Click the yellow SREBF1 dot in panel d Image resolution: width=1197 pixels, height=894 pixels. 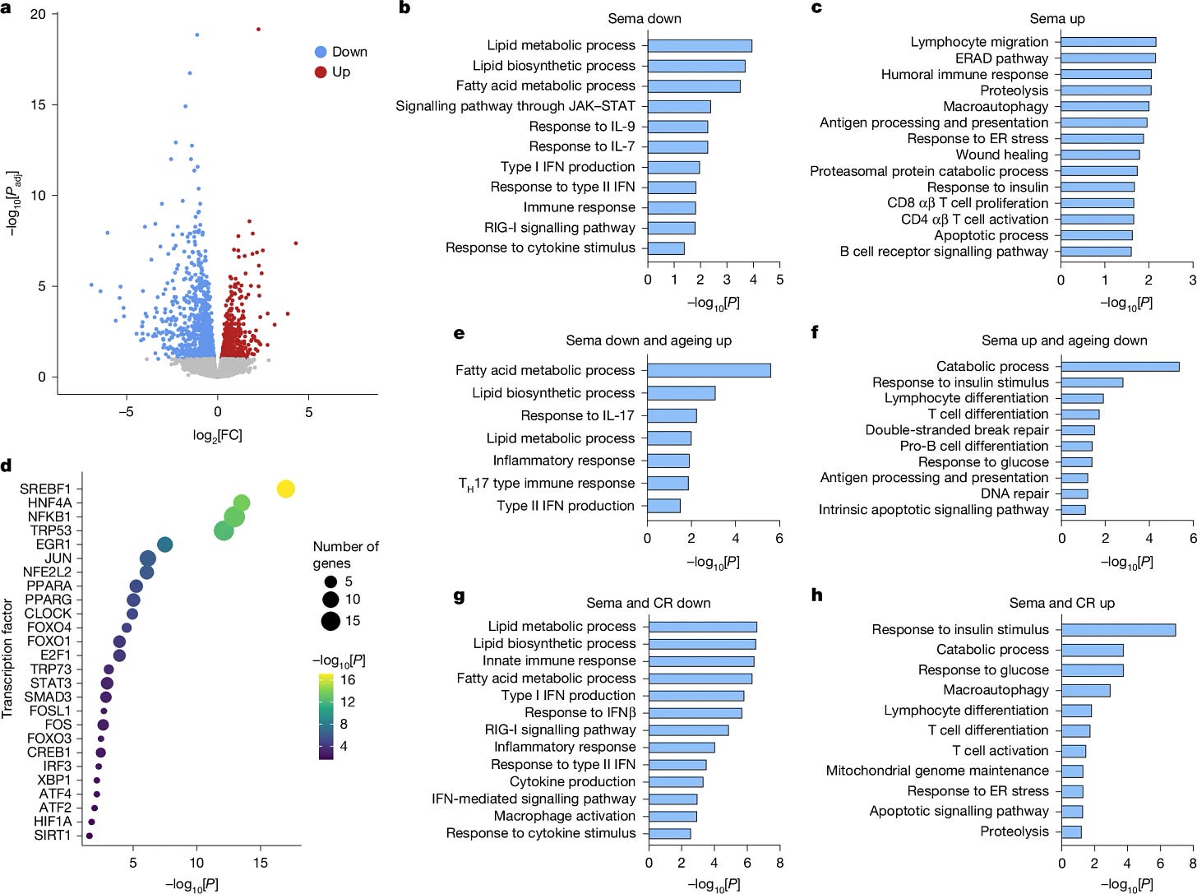click(286, 489)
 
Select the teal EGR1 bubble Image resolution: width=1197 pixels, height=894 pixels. click(164, 544)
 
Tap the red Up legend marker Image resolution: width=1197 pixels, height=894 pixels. click(321, 72)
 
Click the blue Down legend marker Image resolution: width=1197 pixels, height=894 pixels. click(321, 52)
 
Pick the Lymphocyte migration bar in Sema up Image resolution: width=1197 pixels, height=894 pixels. click(1108, 42)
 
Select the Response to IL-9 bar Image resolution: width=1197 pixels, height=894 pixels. click(678, 127)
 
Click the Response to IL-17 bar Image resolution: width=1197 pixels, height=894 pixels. click(672, 415)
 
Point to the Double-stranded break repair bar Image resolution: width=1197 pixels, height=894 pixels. click(1078, 430)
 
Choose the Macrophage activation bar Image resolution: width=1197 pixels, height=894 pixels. click(672, 816)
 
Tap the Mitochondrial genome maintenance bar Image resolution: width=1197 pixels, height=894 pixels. click(1071, 771)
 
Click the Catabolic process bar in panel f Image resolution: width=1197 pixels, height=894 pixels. click(1120, 367)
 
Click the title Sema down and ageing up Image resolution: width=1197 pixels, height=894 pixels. click(649, 340)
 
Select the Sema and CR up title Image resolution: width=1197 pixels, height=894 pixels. click(1061, 603)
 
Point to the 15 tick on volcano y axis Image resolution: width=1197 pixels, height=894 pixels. click(38, 104)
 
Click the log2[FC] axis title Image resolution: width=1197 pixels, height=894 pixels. click(217, 435)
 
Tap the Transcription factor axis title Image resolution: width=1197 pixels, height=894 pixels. click(7, 658)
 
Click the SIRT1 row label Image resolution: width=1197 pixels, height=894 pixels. click(53, 835)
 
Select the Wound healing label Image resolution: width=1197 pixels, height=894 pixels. click(1002, 155)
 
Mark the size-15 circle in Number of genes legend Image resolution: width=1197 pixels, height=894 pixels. click(330, 621)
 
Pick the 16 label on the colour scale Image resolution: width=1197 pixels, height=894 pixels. click(348, 679)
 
